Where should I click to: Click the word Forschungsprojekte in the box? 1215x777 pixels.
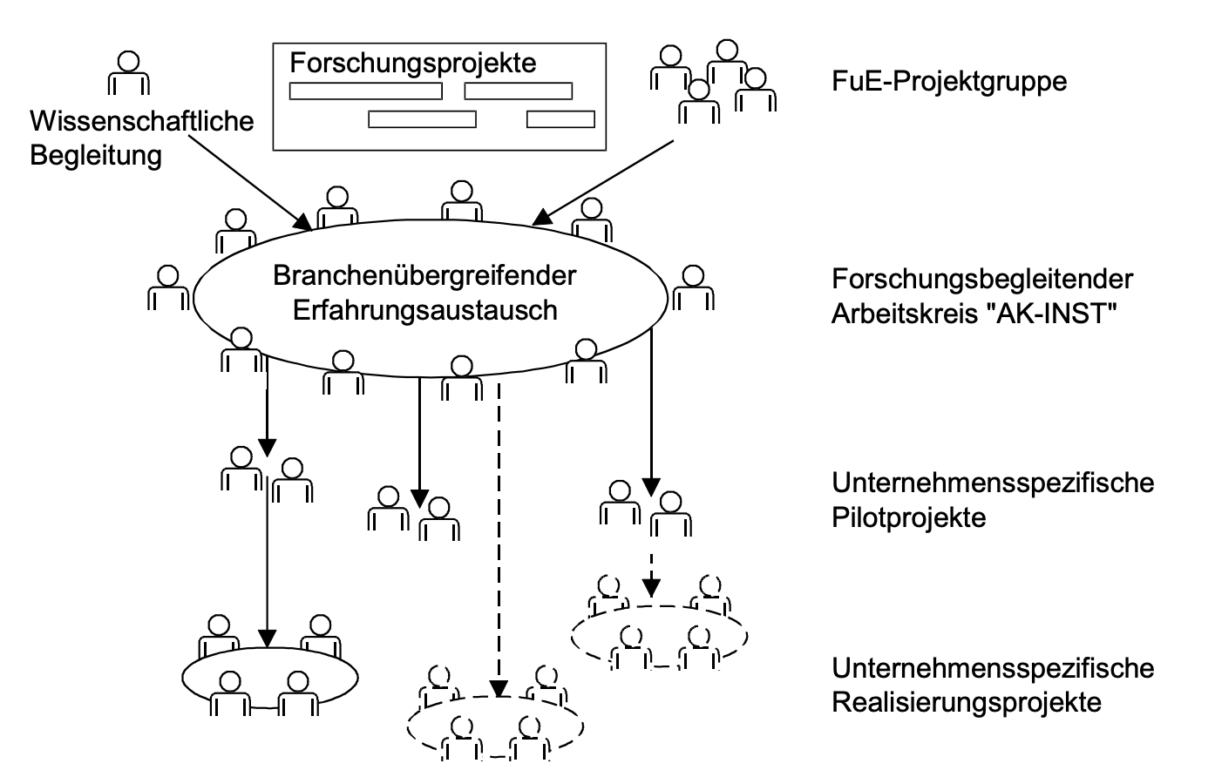point(413,64)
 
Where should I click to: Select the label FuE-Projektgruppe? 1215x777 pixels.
point(949,82)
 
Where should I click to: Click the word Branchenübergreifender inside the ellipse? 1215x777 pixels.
point(424,275)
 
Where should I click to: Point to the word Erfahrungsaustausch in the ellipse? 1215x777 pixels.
point(424,310)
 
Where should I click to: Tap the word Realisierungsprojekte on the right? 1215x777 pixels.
point(967,702)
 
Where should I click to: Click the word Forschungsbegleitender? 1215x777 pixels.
point(982,279)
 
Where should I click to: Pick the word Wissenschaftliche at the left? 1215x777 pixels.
point(142,120)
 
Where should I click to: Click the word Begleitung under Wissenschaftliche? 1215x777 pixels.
point(96,155)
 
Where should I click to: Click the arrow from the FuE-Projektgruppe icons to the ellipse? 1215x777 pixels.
point(607,179)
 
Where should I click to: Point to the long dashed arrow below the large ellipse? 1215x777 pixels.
point(499,540)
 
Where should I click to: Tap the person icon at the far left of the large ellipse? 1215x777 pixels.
point(167,287)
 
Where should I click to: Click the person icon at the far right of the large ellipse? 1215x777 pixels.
point(692,287)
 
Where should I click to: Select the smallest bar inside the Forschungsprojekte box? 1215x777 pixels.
point(560,119)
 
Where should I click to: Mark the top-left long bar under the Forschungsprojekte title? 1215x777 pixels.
point(366,91)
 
